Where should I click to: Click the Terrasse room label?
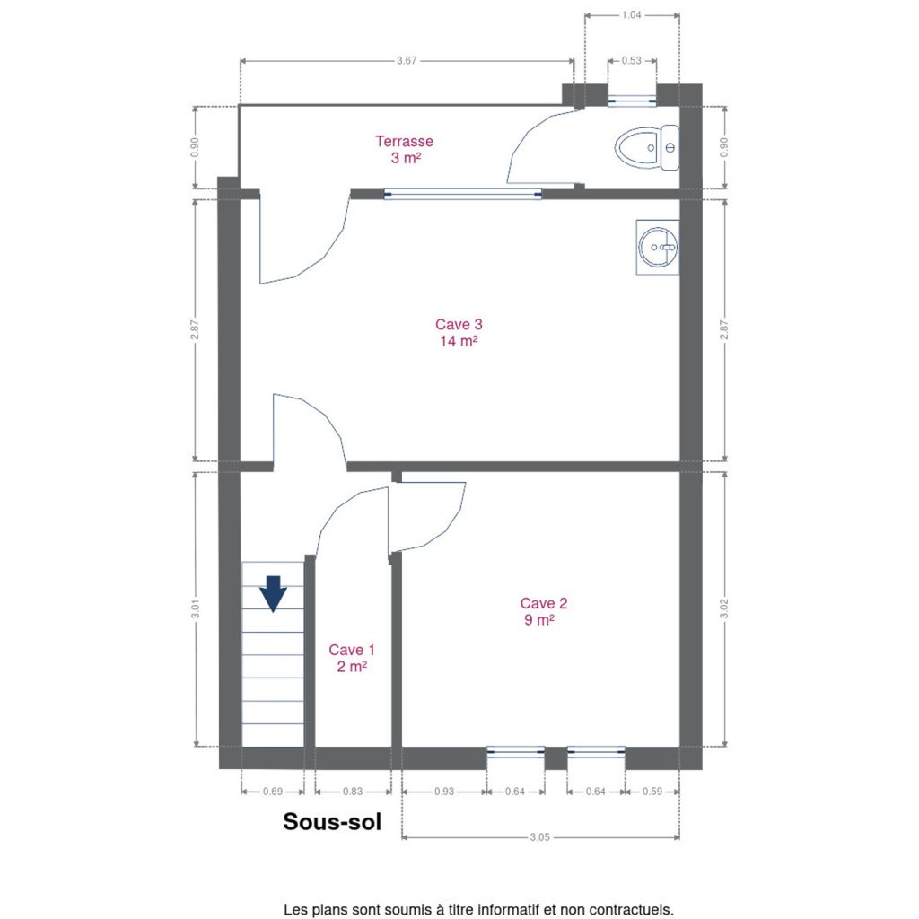click(405, 150)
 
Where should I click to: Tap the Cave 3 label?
click(459, 332)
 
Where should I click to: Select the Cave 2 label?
click(543, 611)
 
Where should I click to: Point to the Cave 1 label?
click(352, 658)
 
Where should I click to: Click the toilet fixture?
click(647, 148)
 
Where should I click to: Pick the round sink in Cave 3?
click(658, 248)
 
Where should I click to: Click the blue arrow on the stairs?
click(273, 594)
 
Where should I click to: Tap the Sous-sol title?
click(332, 822)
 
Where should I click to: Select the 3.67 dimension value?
click(407, 60)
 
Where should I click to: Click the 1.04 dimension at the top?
click(631, 15)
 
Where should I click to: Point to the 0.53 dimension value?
click(631, 60)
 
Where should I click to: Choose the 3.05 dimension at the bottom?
click(539, 837)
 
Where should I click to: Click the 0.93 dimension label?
click(444, 792)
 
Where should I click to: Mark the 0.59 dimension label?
click(652, 792)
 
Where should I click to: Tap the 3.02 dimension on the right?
click(724, 608)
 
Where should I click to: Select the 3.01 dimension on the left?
click(195, 608)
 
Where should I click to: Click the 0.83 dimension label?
click(353, 792)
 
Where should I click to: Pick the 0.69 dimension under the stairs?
click(273, 792)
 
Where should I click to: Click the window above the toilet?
click(632, 101)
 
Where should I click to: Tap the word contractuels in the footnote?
click(637, 910)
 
